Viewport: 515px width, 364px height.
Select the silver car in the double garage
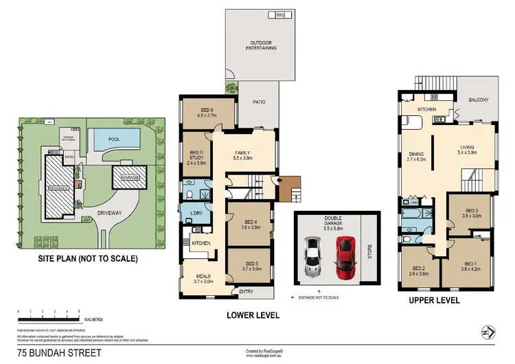312,256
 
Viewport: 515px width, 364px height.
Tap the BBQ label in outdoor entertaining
280,14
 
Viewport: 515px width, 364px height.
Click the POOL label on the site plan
114,139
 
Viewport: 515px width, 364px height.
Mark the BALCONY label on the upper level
479,100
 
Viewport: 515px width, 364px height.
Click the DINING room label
417,155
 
